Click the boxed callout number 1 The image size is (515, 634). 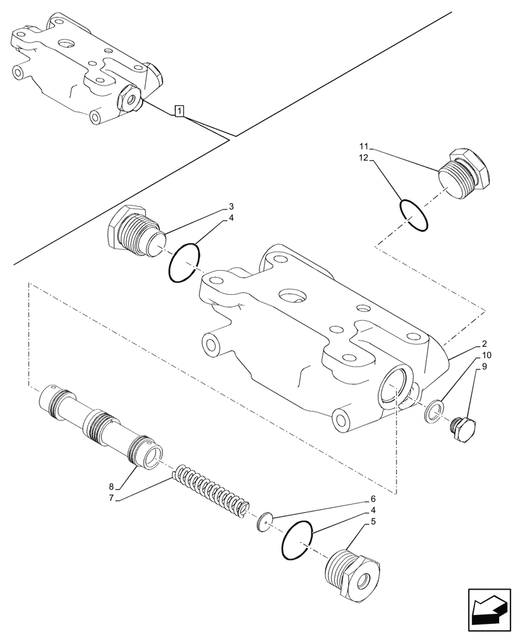[x=180, y=112]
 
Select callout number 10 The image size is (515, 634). [x=486, y=355]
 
